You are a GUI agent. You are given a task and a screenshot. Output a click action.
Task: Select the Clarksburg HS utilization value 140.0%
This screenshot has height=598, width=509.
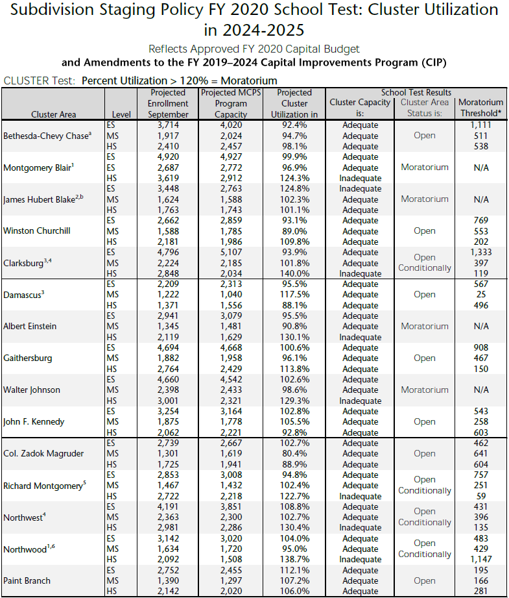pyautogui.click(x=294, y=274)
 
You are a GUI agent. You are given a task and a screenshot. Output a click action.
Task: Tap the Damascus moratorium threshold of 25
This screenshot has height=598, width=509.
pyautogui.click(x=480, y=295)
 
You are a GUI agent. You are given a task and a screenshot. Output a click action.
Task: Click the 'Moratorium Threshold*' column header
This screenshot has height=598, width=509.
pyautogui.click(x=480, y=108)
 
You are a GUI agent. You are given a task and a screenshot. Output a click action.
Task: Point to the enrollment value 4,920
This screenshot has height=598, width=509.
pyautogui.click(x=172, y=156)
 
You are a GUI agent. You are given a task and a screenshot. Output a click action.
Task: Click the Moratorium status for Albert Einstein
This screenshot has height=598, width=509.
pyautogui.click(x=425, y=327)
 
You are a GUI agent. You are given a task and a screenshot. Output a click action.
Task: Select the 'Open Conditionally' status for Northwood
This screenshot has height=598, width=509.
pyautogui.click(x=425, y=549)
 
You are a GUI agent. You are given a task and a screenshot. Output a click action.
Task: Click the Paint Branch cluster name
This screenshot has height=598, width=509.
pyautogui.click(x=27, y=580)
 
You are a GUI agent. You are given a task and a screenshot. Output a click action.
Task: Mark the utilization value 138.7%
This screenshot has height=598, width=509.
pyautogui.click(x=294, y=560)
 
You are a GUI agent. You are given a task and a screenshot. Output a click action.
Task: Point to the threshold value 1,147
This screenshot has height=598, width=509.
pyautogui.click(x=480, y=560)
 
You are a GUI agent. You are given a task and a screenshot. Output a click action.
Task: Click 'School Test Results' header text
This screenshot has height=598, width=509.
pyautogui.click(x=416, y=93)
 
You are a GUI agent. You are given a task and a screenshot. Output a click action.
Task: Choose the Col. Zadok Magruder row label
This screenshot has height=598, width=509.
pyautogui.click(x=43, y=454)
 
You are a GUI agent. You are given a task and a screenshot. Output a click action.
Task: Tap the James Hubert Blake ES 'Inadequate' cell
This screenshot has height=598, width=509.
pyautogui.click(x=360, y=189)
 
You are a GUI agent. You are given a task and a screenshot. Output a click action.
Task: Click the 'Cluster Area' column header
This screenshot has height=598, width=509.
pyautogui.click(x=53, y=114)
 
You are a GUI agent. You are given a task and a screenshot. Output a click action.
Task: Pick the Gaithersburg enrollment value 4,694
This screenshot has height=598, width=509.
pyautogui.click(x=172, y=347)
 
